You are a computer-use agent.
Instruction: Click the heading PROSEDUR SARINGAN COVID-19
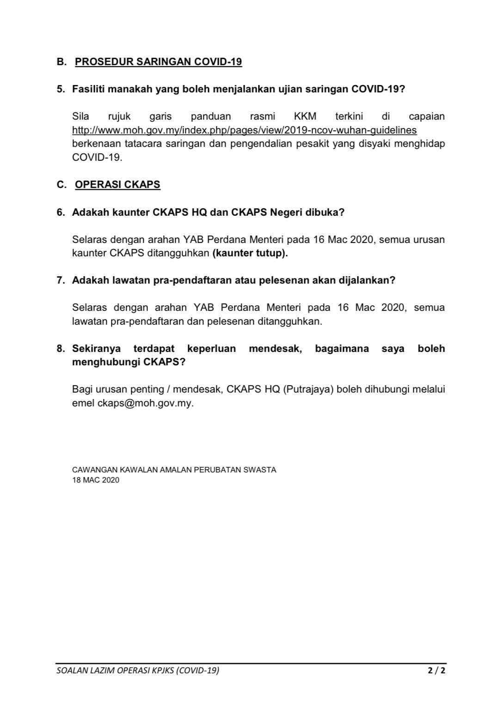(x=158, y=61)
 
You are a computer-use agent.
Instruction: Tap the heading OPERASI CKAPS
(x=117, y=184)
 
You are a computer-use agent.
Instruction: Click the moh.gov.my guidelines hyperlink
(x=244, y=130)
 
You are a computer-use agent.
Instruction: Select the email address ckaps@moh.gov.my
(x=145, y=403)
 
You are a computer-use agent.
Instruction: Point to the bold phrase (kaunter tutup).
(x=250, y=253)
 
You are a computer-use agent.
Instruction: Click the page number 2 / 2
(x=436, y=670)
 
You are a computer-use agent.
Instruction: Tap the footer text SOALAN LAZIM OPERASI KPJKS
(x=137, y=670)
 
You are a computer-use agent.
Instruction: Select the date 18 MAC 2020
(x=96, y=480)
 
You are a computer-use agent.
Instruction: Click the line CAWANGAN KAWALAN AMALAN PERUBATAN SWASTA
(x=174, y=470)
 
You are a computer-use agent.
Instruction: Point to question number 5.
(x=61, y=89)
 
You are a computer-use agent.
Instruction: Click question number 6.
(x=61, y=212)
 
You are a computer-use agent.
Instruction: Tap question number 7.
(x=61, y=280)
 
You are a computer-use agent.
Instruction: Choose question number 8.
(x=61, y=348)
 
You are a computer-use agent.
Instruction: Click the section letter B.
(x=61, y=61)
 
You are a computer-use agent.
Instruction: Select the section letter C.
(x=61, y=184)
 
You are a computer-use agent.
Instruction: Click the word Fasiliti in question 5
(x=88, y=89)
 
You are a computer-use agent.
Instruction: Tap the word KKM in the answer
(x=305, y=116)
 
